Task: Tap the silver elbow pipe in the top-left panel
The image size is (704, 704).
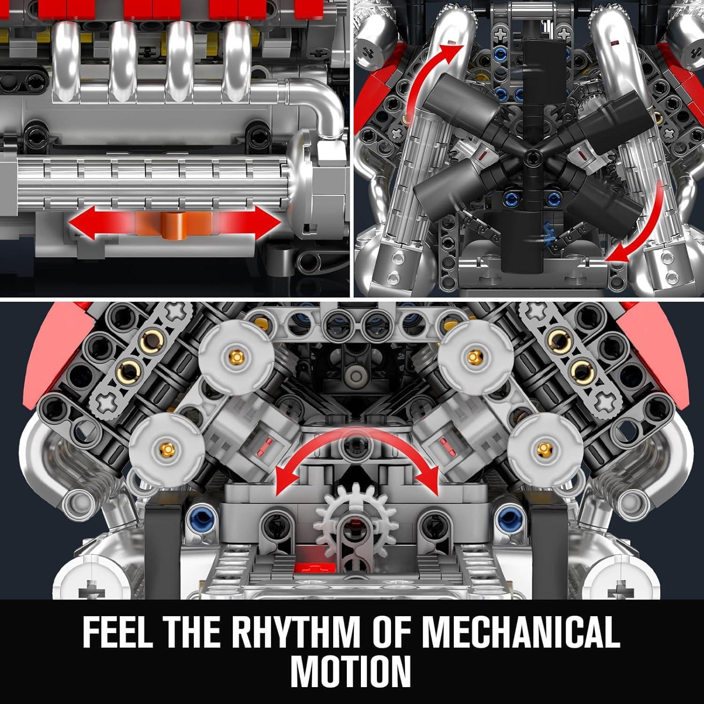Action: [319, 101]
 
